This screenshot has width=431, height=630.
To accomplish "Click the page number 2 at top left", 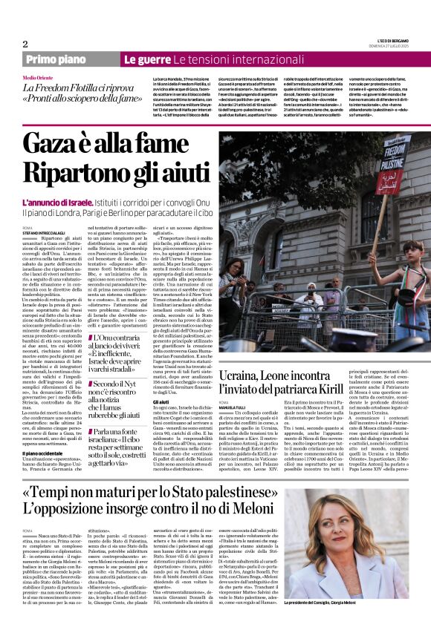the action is point(25,44).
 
